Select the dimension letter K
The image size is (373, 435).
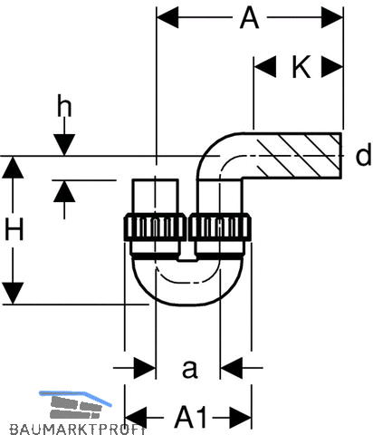coord(301,66)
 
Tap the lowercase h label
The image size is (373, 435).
coord(64,105)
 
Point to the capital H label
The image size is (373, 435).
coord(14,229)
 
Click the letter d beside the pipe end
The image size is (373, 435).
coord(363,154)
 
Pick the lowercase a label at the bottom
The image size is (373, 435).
coord(190,369)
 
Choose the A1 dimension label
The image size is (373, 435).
coord(192,418)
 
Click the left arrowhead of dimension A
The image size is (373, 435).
coord(167,17)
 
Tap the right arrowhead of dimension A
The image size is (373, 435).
coord(332,17)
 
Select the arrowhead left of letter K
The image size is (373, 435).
coord(264,66)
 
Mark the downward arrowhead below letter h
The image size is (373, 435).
coord(64,145)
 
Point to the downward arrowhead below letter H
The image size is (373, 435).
coord(13,294)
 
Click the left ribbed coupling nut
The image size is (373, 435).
coord(155,227)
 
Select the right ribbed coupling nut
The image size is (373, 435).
coord(220,227)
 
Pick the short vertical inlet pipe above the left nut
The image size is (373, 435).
coord(155,197)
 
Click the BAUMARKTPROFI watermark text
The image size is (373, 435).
coord(77,430)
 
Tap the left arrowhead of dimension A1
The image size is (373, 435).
coord(136,418)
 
